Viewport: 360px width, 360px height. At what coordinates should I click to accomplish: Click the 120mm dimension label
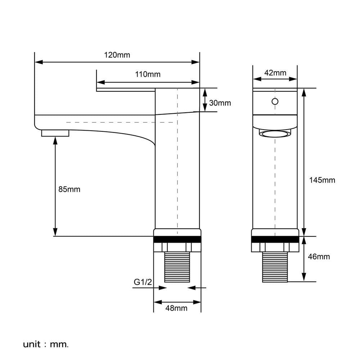pyautogui.click(x=117, y=55)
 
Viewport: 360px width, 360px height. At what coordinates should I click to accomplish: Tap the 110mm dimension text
pyautogui.click(x=148, y=75)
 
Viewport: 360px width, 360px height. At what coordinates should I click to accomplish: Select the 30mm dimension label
pyautogui.click(x=220, y=103)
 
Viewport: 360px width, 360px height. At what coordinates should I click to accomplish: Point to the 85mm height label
pyautogui.click(x=69, y=189)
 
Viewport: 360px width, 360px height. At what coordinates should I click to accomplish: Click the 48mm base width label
pyautogui.click(x=176, y=308)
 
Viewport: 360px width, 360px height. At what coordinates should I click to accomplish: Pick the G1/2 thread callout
pyautogui.click(x=143, y=282)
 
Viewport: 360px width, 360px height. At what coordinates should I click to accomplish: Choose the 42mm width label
pyautogui.click(x=275, y=73)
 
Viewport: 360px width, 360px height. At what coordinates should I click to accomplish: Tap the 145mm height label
pyautogui.click(x=322, y=180)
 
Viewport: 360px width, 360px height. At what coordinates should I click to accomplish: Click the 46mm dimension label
pyautogui.click(x=319, y=256)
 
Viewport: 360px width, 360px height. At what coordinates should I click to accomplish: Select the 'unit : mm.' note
pyautogui.click(x=46, y=345)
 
